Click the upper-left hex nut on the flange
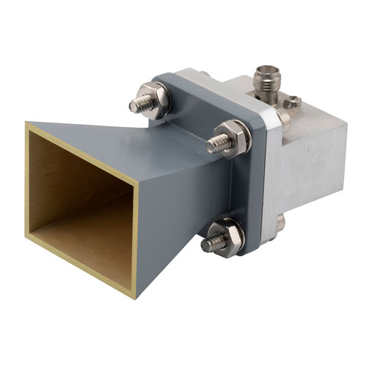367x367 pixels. tap(155, 100)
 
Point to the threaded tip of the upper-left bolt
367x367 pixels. tap(136, 106)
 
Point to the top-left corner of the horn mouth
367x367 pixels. tap(27, 125)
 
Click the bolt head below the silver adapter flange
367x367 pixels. tap(280, 223)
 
